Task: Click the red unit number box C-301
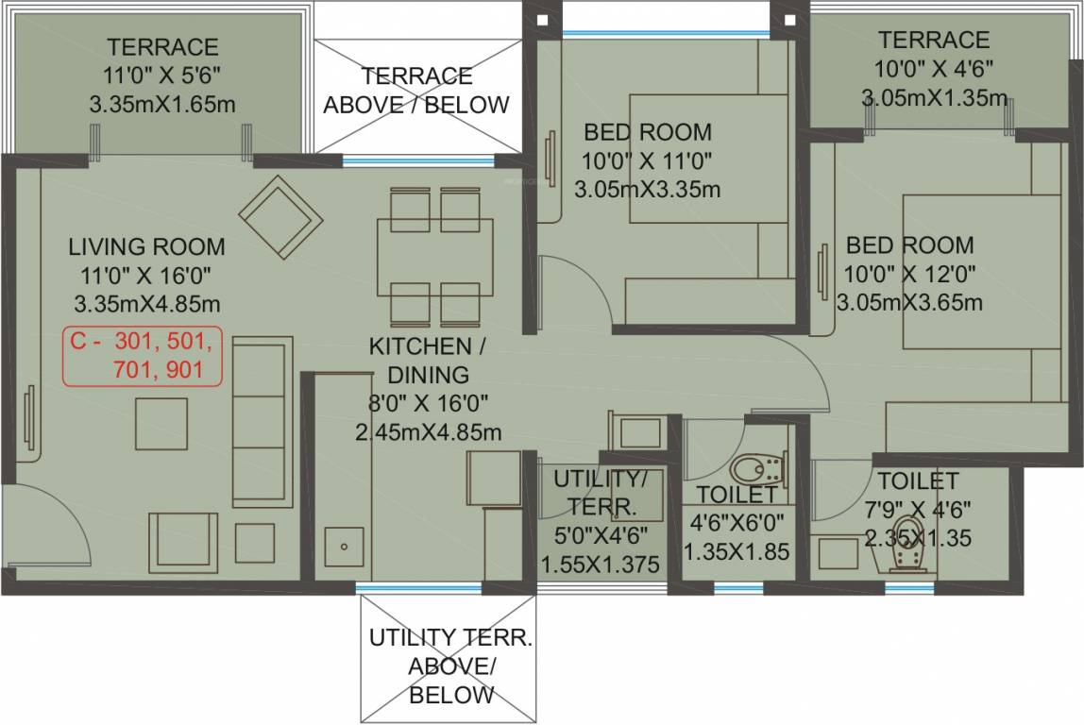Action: pos(143,355)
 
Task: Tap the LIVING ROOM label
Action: pos(146,247)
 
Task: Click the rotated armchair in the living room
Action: pos(280,215)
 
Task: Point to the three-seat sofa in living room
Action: pos(262,420)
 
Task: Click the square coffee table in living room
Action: pos(161,424)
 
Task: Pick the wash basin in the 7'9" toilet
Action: pos(838,553)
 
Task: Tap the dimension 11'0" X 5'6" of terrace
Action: pos(162,76)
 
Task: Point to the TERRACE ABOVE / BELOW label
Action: pos(416,90)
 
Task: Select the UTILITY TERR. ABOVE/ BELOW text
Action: pos(450,666)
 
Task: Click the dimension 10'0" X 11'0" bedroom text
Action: pos(647,160)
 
